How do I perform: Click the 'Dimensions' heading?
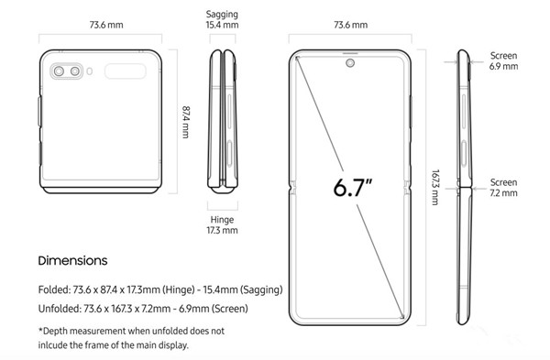72,260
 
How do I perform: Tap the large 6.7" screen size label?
352,187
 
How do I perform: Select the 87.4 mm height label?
185,122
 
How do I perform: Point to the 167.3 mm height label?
435,187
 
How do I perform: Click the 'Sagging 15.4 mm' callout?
222,19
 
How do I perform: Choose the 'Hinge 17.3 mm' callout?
222,225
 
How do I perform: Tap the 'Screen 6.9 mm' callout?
503,61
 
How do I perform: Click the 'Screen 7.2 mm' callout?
503,188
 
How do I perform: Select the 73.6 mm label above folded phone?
106,25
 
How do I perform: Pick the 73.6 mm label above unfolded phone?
351,25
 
